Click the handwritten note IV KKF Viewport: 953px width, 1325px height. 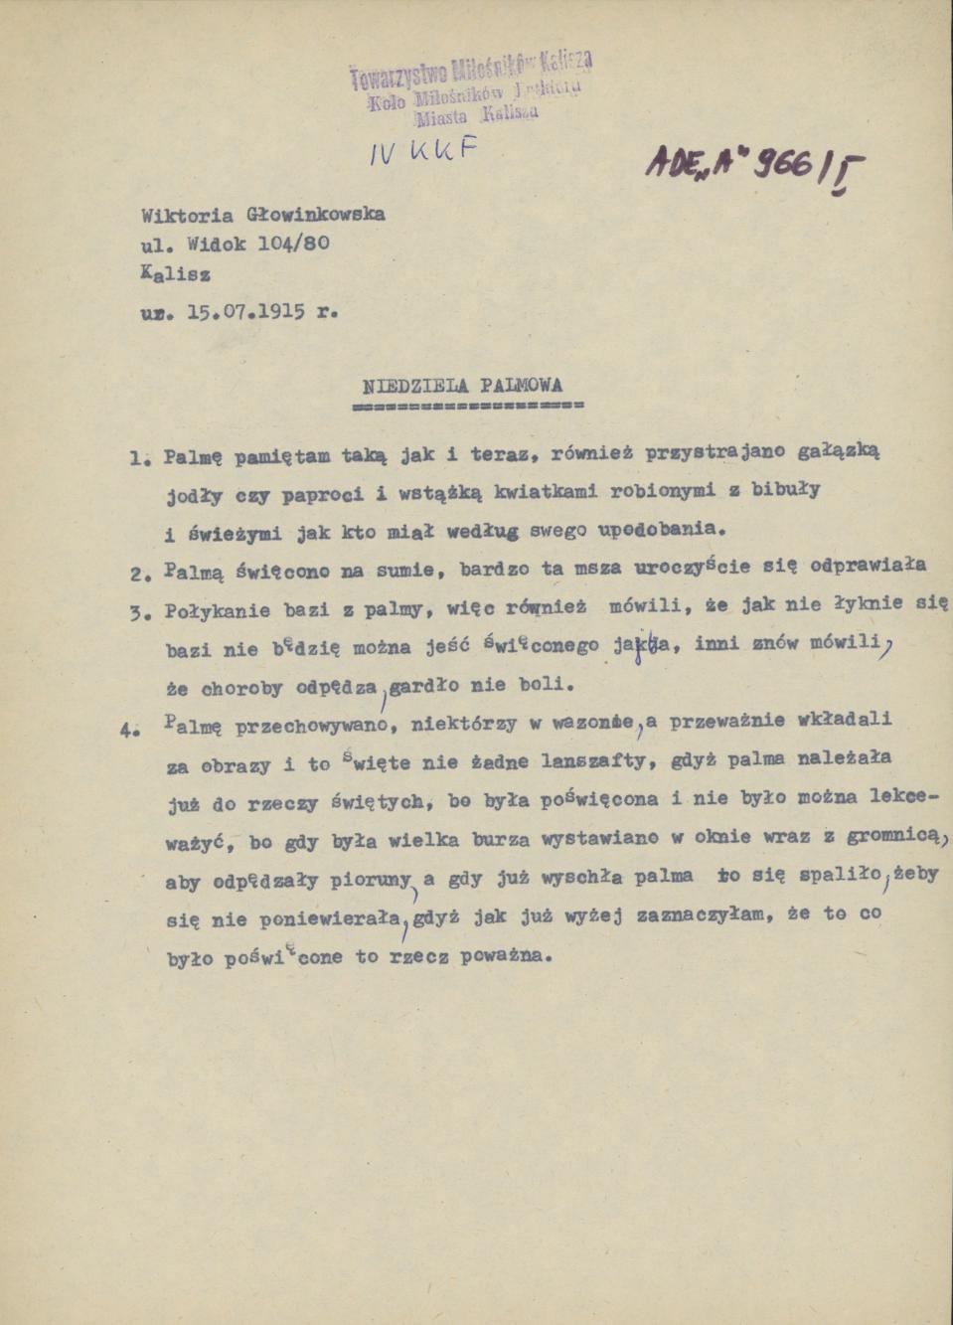[x=422, y=150]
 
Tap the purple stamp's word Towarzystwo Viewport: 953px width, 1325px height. [x=397, y=75]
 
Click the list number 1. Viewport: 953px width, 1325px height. [x=138, y=459]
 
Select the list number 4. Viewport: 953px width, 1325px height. [x=127, y=728]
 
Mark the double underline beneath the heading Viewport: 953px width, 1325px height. [x=468, y=407]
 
